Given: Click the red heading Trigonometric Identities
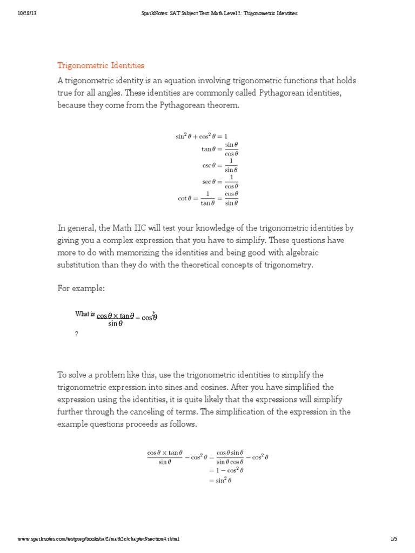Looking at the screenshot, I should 101,65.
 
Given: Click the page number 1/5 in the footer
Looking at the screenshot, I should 393,538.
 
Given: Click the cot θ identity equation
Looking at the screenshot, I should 208,198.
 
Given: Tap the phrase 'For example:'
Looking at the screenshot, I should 81,288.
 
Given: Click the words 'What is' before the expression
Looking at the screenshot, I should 85,314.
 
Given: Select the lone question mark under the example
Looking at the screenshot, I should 77,334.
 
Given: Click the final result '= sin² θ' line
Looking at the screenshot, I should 220,480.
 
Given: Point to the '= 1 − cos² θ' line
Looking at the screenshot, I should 226,470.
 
